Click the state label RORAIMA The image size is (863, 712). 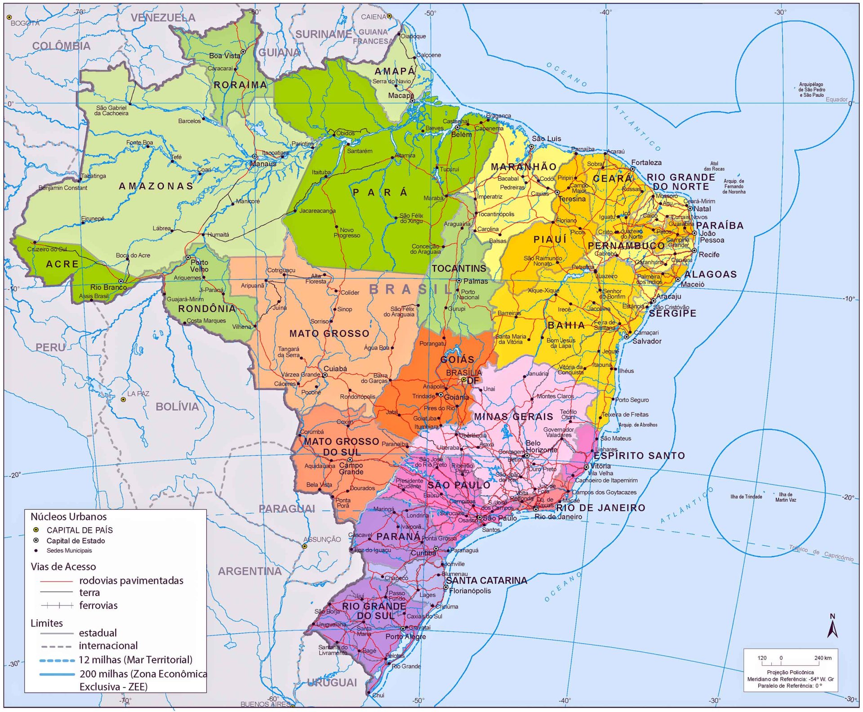point(240,85)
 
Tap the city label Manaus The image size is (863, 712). point(263,164)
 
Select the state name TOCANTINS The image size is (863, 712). point(459,269)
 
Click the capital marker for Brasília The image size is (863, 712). point(464,380)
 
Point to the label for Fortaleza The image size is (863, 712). point(646,163)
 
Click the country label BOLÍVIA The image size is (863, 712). point(177,407)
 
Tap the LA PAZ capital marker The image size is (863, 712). point(124,399)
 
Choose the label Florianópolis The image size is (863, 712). point(470,591)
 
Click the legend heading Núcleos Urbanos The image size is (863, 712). point(69,516)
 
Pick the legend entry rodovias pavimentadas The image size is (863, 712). point(131,581)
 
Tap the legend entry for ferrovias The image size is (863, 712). point(98,605)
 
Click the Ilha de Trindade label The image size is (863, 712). point(746,497)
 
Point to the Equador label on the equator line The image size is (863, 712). point(836,99)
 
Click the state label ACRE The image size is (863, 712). point(62,264)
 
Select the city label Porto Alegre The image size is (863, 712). point(405,636)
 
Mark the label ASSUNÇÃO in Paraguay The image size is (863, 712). point(322,539)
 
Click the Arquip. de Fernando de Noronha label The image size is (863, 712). point(734,186)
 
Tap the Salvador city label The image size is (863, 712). point(647,341)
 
